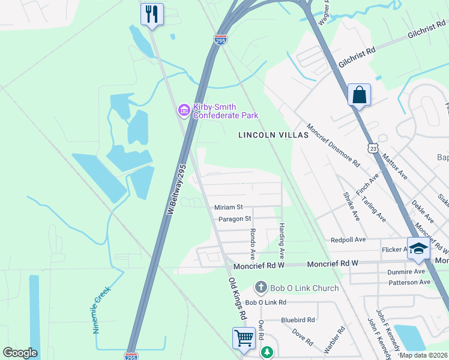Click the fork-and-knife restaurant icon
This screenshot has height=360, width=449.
tap(152, 14)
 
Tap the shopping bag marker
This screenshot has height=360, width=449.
tap(359, 95)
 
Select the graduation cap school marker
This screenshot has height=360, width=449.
tap(418, 250)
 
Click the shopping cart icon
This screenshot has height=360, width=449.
tap(244, 337)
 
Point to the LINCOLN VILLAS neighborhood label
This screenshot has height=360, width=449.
tap(273, 135)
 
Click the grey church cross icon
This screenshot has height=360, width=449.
tap(261, 288)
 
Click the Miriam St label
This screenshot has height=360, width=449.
tap(228, 207)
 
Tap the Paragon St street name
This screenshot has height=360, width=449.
tap(235, 219)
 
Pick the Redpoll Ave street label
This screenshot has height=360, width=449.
tap(348, 239)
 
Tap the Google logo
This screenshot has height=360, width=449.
tap(20, 353)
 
